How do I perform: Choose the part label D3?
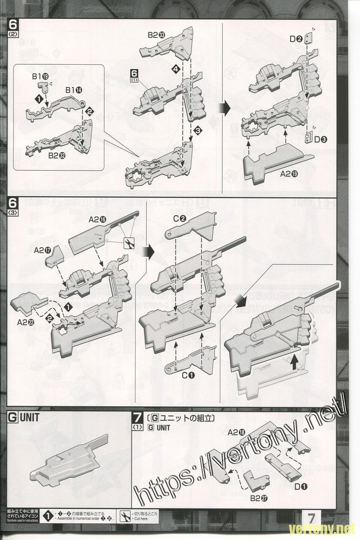pos(320,139)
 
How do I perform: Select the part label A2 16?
pos(97,220)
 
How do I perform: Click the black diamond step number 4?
pos(175,69)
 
